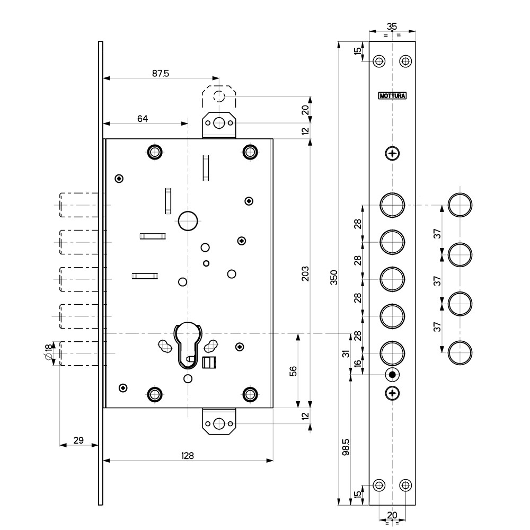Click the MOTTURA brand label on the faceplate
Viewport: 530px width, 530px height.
click(392, 96)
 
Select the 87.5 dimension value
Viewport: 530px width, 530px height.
click(160, 74)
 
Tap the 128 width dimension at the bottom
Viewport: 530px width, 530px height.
click(188, 455)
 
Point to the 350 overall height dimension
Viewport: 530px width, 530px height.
click(333, 278)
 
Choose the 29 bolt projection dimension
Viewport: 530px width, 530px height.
click(78, 440)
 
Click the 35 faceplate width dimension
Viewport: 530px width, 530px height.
click(392, 26)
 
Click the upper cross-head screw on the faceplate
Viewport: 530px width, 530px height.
click(392, 154)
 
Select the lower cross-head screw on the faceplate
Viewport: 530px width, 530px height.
click(392, 393)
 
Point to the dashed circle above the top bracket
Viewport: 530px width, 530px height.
click(219, 96)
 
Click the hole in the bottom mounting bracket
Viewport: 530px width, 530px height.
click(219, 423)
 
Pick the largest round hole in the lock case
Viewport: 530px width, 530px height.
click(188, 220)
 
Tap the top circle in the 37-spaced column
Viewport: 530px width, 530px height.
click(460, 205)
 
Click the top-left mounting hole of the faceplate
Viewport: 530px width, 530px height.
click(378, 61)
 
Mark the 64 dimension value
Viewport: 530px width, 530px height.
click(143, 119)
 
